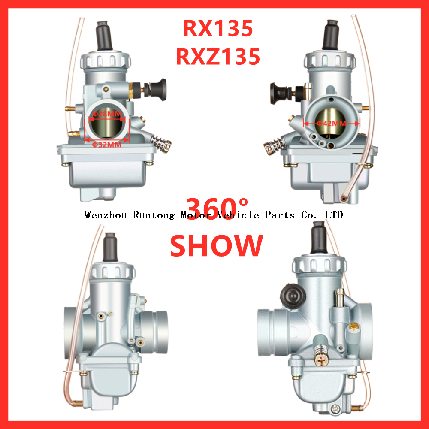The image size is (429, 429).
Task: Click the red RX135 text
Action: [218, 29]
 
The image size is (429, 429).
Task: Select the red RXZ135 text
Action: [218, 57]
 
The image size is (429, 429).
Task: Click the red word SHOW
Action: [216, 245]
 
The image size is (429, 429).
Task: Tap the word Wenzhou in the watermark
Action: [106, 215]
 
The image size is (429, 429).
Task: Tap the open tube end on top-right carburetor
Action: [344, 198]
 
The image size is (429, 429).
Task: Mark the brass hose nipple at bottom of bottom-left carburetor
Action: [77, 403]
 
